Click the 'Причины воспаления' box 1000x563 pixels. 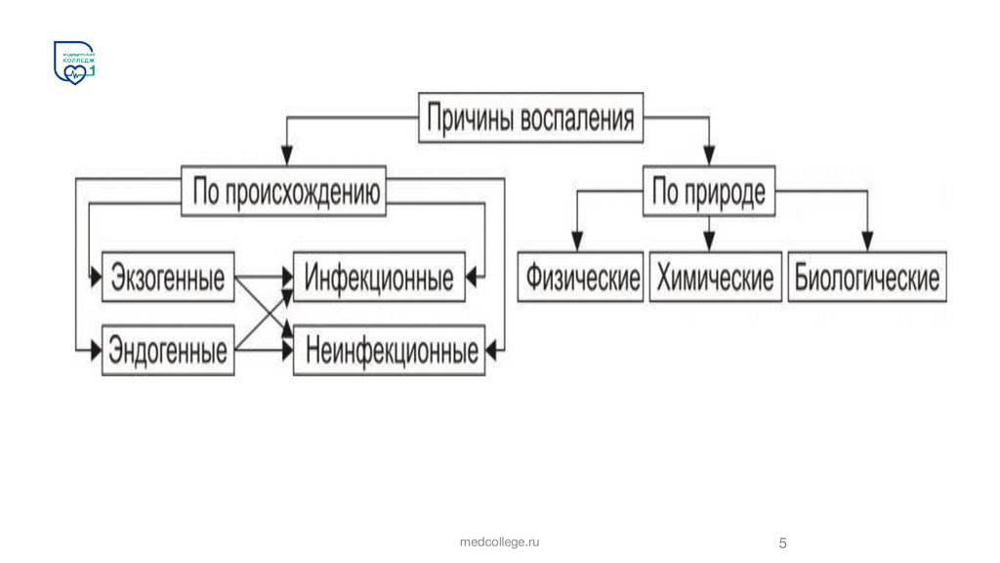[x=531, y=119]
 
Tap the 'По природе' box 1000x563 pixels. [x=708, y=193]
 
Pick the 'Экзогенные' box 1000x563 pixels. [x=168, y=278]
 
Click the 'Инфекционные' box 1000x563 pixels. [x=379, y=278]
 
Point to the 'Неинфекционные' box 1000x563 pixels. [x=392, y=350]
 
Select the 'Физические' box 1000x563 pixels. [x=582, y=278]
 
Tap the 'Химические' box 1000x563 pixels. [x=715, y=278]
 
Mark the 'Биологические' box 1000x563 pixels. [x=866, y=278]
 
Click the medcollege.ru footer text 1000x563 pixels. [x=500, y=541]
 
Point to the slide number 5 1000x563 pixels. [x=782, y=542]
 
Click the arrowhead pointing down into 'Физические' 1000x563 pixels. [x=578, y=240]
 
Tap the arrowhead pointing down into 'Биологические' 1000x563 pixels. [x=866, y=240]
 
